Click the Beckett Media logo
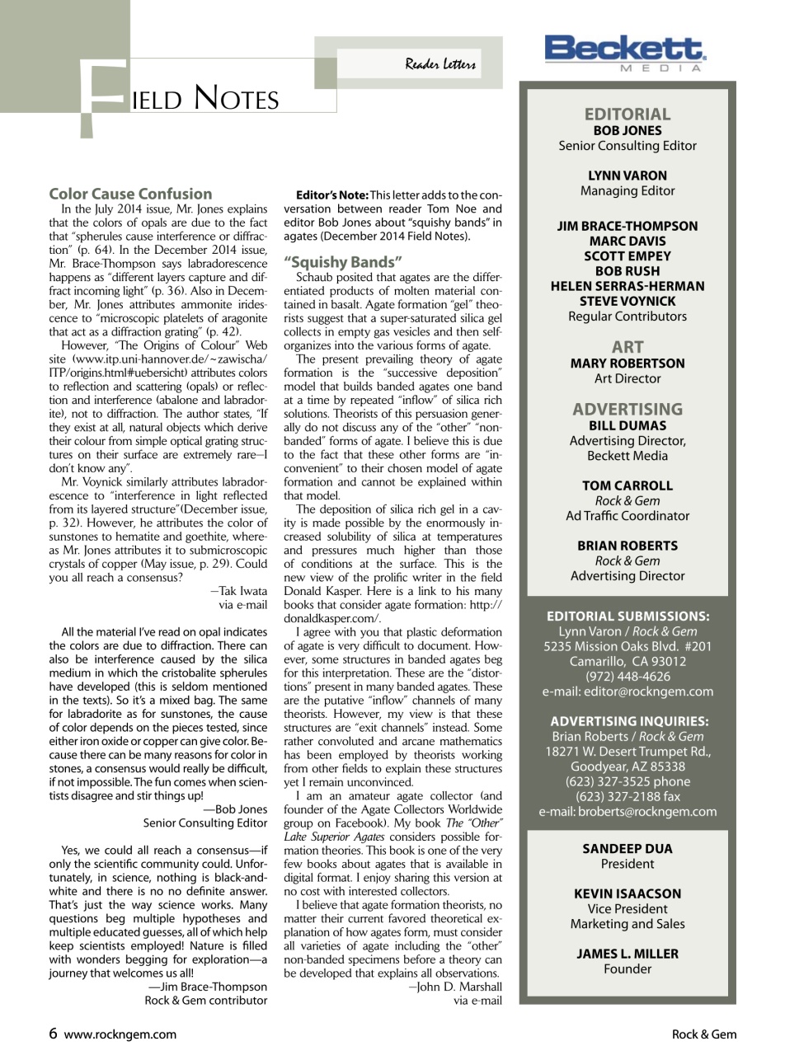click(x=625, y=52)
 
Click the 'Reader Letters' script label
click(x=440, y=64)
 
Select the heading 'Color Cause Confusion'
click(x=130, y=194)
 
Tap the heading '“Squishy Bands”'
click(x=343, y=262)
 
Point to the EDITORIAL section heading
click(x=627, y=114)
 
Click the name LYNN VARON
click(x=627, y=176)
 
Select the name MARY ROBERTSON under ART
click(x=627, y=363)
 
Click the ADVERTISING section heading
click(x=627, y=409)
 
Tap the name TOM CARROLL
click(x=627, y=485)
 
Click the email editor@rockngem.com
click(x=628, y=692)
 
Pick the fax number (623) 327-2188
click(x=627, y=796)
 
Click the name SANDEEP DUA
click(x=627, y=848)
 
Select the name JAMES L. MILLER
click(x=627, y=954)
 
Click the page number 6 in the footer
click(x=54, y=1034)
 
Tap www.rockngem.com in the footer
click(x=120, y=1034)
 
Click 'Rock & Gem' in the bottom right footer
click(x=703, y=1034)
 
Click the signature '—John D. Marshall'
click(x=455, y=987)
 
